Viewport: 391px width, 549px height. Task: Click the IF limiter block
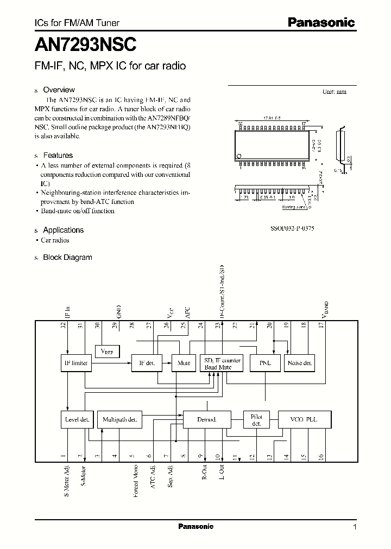tap(75, 363)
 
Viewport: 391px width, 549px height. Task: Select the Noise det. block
tap(300, 363)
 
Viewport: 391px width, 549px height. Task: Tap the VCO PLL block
tap(305, 419)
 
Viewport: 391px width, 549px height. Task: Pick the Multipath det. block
tap(119, 419)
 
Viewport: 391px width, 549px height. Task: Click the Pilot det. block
tap(256, 419)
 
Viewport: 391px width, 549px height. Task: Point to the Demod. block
tap(207, 419)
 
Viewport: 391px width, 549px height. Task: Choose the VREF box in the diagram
tap(107, 352)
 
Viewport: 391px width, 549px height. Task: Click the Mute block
tap(184, 363)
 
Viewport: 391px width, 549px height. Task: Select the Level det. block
tap(77, 419)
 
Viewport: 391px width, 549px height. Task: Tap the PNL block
tap(265, 363)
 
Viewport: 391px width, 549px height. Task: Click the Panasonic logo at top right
tap(321, 22)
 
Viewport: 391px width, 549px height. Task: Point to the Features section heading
tap(58, 155)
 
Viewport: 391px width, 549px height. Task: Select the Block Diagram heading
tap(67, 257)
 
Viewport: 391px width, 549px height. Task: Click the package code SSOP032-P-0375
tap(292, 229)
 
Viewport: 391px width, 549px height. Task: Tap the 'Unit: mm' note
tap(335, 92)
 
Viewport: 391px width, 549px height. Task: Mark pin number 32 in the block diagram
tap(64, 325)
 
